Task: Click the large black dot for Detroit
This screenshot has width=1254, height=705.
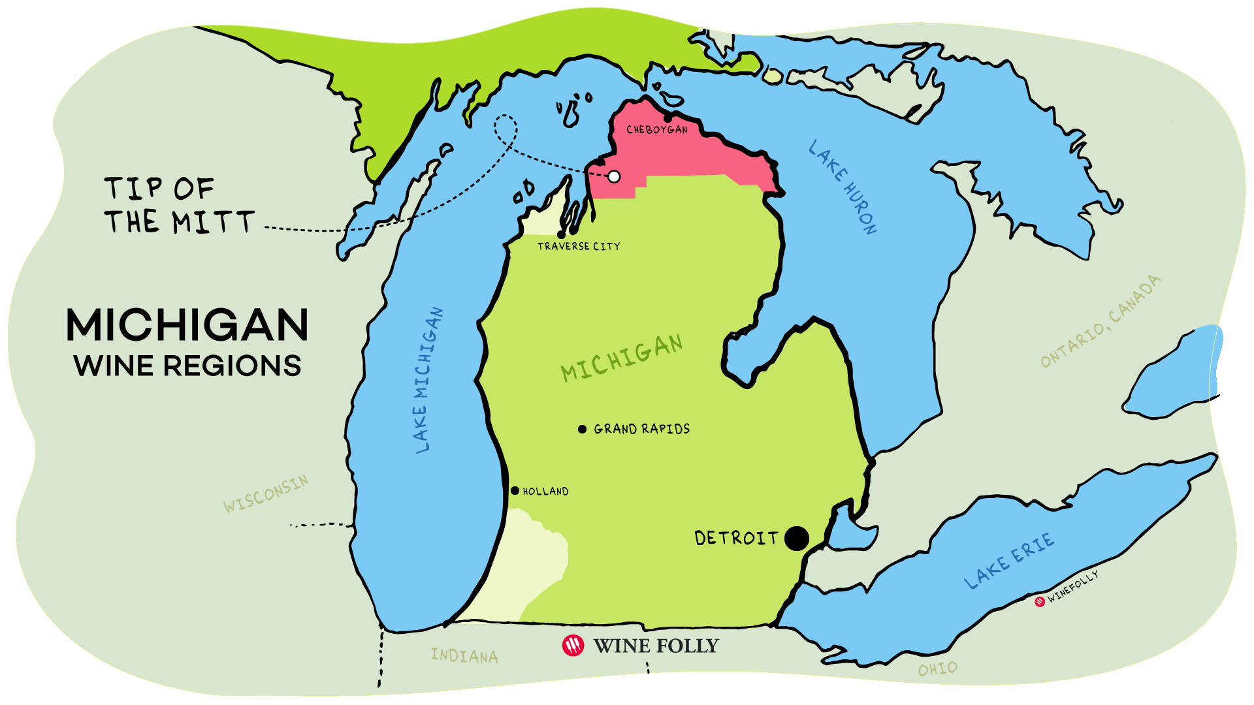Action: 796,539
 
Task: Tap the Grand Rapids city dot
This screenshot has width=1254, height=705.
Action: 582,429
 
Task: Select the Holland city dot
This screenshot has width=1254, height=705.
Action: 515,490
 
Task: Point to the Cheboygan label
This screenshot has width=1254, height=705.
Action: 656,130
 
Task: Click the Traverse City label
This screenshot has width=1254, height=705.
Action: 578,246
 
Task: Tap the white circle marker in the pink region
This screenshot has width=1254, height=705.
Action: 614,176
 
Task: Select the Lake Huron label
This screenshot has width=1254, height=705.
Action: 843,187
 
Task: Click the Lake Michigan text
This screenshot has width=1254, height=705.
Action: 428,381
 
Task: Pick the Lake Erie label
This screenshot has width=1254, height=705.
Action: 1009,561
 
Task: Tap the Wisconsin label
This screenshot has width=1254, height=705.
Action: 265,494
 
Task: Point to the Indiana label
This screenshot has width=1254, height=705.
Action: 464,655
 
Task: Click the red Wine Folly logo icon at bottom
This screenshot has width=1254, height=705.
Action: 573,646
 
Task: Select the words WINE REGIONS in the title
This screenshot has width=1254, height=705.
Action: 187,366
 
